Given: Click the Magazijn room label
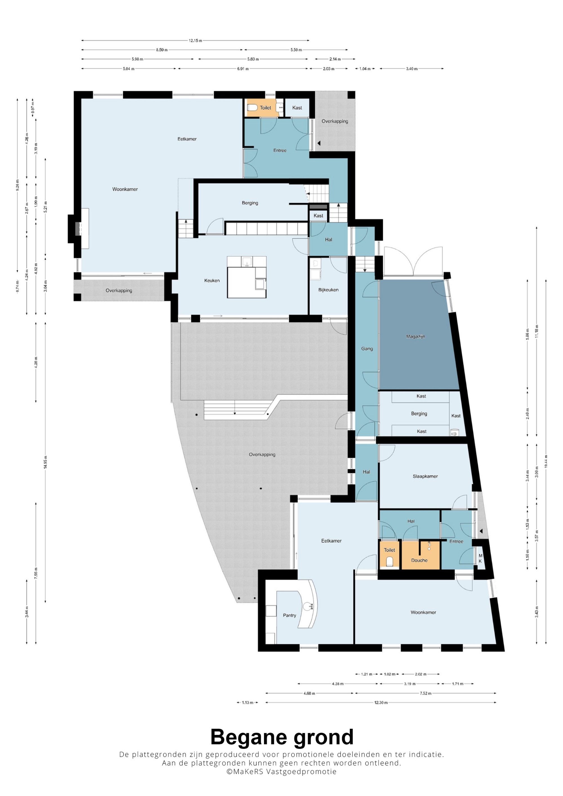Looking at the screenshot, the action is (x=415, y=336).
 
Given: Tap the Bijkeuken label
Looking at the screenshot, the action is (x=328, y=290).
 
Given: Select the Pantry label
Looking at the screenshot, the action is (x=289, y=615).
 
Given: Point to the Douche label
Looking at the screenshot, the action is (x=419, y=560).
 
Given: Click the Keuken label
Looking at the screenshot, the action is (x=212, y=280).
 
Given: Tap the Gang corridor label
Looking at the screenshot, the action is (x=367, y=349).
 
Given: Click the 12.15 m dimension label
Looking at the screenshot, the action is (x=195, y=41).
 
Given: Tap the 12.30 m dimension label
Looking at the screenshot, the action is (x=381, y=702).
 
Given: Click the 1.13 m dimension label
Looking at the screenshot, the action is (x=247, y=702).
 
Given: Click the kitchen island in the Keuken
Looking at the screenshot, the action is (x=247, y=277).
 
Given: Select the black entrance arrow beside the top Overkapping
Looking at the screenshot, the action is (x=318, y=143).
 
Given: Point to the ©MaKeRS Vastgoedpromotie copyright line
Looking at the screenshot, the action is (x=281, y=771).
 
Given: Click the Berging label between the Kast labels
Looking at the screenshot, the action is (x=419, y=413).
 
